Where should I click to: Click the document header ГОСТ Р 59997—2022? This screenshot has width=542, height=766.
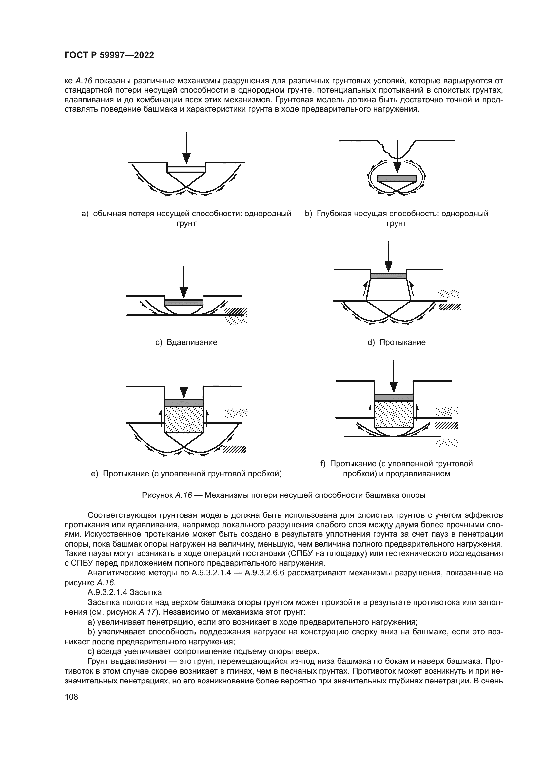point(109,55)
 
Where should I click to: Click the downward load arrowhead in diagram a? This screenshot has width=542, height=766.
point(186,158)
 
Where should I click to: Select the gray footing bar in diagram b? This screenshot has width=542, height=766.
point(397,178)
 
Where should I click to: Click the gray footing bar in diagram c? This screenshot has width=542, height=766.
point(184,303)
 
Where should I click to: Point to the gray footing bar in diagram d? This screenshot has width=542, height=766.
point(388,275)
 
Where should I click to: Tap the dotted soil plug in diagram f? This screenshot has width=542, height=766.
point(394,414)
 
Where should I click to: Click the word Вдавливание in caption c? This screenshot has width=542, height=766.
point(192,342)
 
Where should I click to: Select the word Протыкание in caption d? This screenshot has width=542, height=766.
point(402,342)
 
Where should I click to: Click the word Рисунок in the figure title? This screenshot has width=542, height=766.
point(157,495)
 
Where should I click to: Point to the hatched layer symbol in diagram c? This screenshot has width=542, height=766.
point(236,311)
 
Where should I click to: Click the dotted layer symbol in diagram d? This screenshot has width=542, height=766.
point(449,293)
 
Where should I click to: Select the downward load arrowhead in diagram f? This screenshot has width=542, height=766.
point(394,387)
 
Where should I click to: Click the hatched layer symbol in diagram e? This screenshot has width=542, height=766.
point(235,449)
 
